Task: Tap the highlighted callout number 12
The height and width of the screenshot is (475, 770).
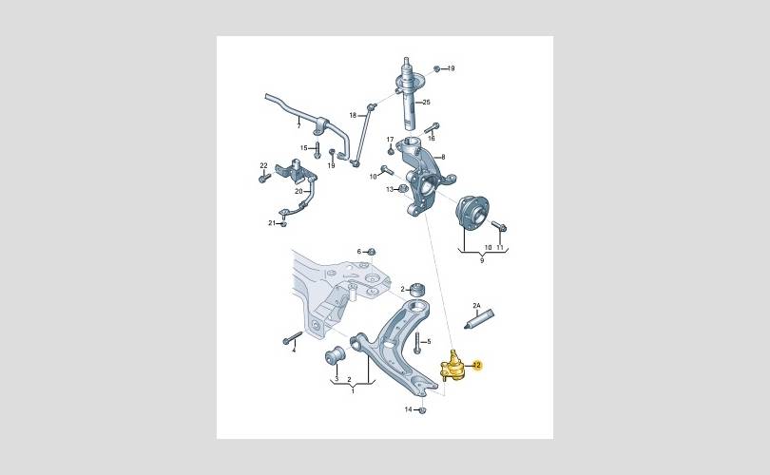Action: click(477, 365)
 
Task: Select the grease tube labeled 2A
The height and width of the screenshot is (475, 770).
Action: click(479, 319)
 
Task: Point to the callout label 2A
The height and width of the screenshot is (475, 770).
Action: click(476, 306)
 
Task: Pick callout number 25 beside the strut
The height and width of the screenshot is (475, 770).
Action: click(426, 102)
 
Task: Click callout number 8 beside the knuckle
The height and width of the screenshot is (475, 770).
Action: click(443, 157)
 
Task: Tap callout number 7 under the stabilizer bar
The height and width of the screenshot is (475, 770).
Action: click(298, 126)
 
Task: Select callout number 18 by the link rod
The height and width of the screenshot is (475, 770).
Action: click(353, 115)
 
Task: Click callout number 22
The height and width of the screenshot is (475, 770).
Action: click(263, 165)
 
